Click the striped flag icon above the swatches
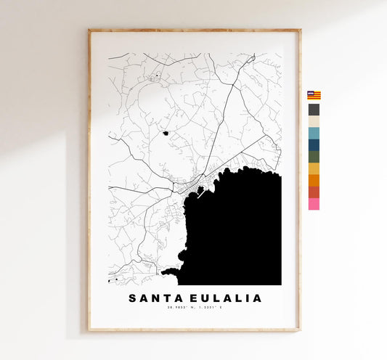pyautogui.click(x=314, y=95)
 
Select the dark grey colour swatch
pyautogui.click(x=314, y=110)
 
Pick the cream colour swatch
pyautogui.click(x=314, y=122)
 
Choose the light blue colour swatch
pyautogui.click(x=314, y=134)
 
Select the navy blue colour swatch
pyautogui.click(x=314, y=145)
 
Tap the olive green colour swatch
pyautogui.click(x=314, y=157)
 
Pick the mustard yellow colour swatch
pyautogui.click(x=314, y=168)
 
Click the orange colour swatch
pyautogui.click(x=314, y=180)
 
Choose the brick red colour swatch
pyautogui.click(x=314, y=192)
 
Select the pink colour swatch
pyautogui.click(x=314, y=204)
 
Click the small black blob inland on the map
pyautogui.click(x=166, y=133)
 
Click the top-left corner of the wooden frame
pyautogui.click(x=89, y=30)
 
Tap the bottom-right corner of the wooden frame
pyautogui.click(x=299, y=330)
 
